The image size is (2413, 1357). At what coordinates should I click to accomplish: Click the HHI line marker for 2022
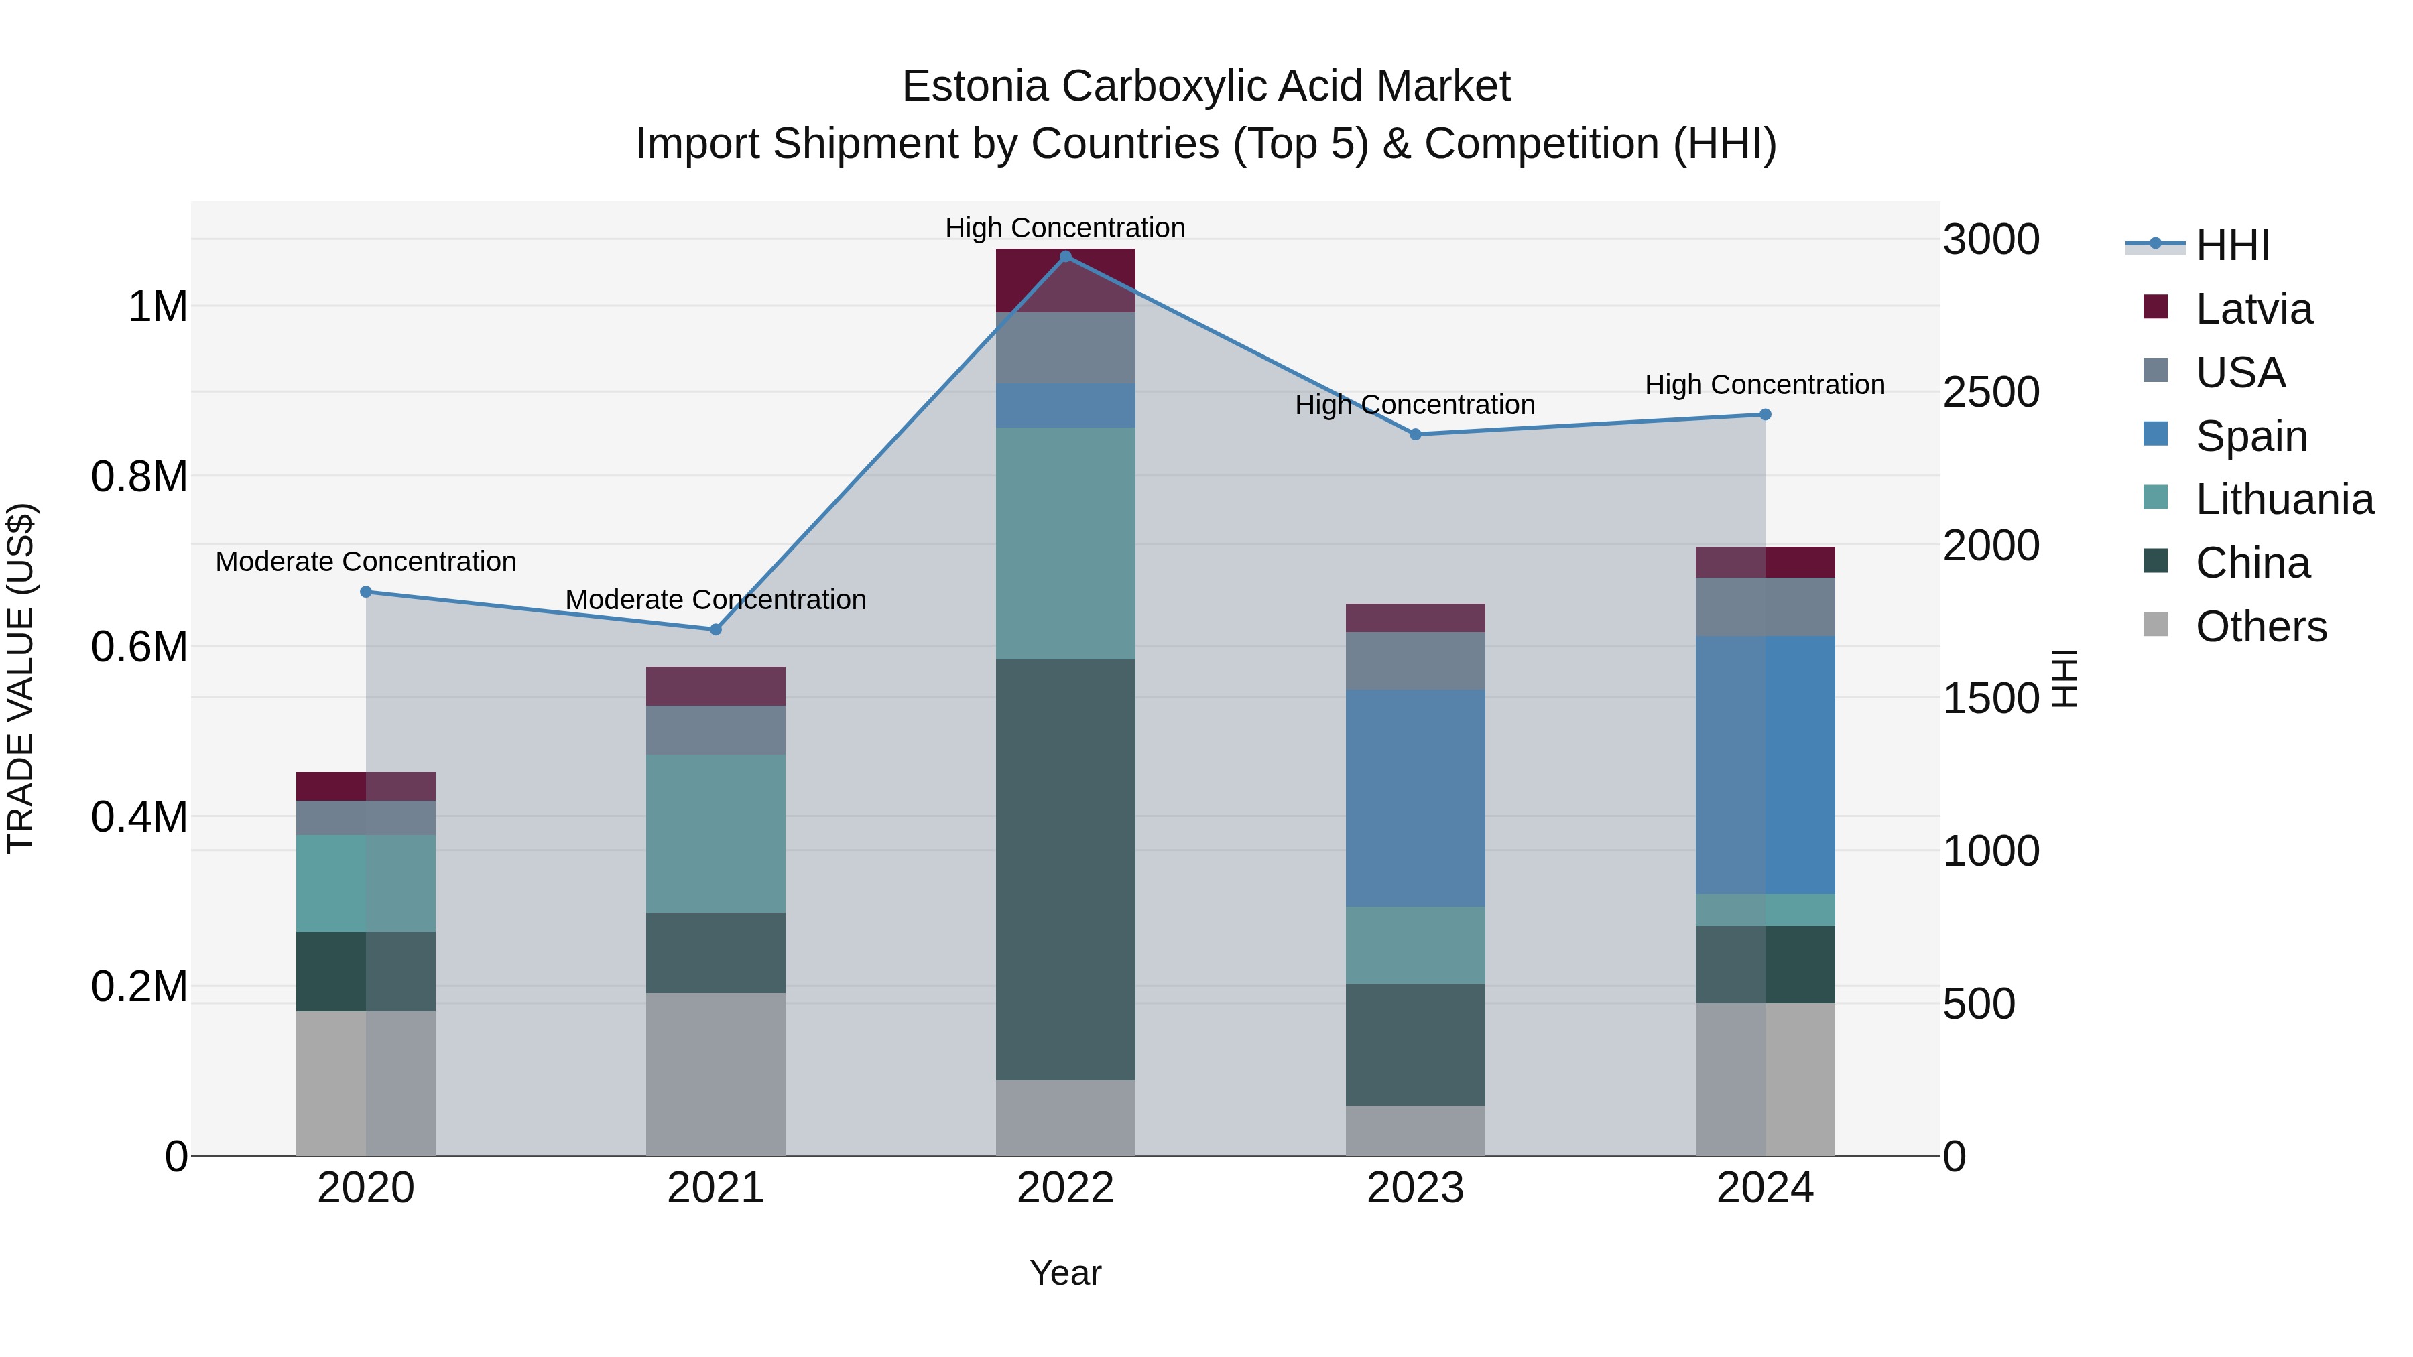tap(1065, 257)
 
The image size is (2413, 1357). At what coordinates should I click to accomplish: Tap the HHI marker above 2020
tap(366, 592)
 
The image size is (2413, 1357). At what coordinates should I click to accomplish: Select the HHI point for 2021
tap(716, 629)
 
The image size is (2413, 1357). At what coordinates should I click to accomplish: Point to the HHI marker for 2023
tap(1416, 434)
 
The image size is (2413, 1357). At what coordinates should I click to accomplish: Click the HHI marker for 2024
tap(1765, 415)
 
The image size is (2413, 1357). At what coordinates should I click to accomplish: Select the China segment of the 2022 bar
tap(1065, 869)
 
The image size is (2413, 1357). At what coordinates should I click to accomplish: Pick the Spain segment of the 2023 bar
tap(1416, 798)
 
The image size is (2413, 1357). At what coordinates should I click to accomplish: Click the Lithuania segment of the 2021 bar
tap(716, 834)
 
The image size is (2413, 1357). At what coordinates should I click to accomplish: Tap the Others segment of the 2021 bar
tap(716, 1074)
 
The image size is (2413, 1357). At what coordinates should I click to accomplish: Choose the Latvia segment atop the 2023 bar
tap(1416, 618)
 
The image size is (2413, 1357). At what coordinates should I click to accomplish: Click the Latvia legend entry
tap(2253, 309)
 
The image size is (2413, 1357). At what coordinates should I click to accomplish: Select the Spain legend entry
tap(2250, 436)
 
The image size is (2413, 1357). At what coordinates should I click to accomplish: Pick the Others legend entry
tap(2260, 627)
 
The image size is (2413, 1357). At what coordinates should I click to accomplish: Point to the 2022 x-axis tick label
tap(1065, 1188)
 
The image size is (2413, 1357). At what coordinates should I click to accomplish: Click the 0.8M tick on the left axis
tap(139, 476)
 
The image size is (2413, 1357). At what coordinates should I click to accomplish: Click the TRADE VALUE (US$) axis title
tap(21, 678)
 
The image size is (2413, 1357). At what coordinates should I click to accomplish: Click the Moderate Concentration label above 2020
tap(366, 562)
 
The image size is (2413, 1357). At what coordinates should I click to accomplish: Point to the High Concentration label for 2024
tap(1765, 385)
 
